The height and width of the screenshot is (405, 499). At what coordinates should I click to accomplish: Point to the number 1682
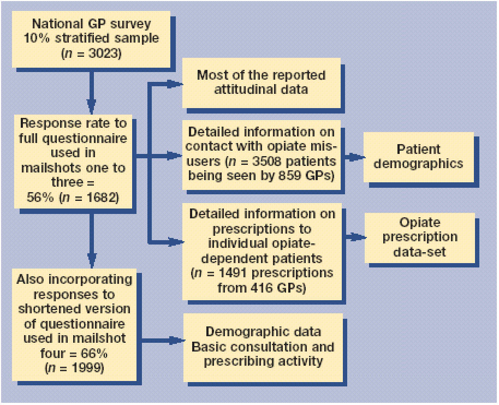click(100, 198)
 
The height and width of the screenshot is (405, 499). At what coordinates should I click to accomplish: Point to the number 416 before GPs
click(262, 288)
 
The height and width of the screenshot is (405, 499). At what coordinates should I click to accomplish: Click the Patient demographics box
click(419, 157)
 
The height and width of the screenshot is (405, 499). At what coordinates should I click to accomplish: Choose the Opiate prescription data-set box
click(420, 237)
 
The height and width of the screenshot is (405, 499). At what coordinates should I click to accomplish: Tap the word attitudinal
click(243, 90)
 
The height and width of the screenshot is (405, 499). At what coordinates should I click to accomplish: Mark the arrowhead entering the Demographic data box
click(177, 341)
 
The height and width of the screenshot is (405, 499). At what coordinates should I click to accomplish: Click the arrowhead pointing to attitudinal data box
click(175, 84)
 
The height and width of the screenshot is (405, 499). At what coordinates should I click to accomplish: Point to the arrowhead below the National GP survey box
click(91, 106)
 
